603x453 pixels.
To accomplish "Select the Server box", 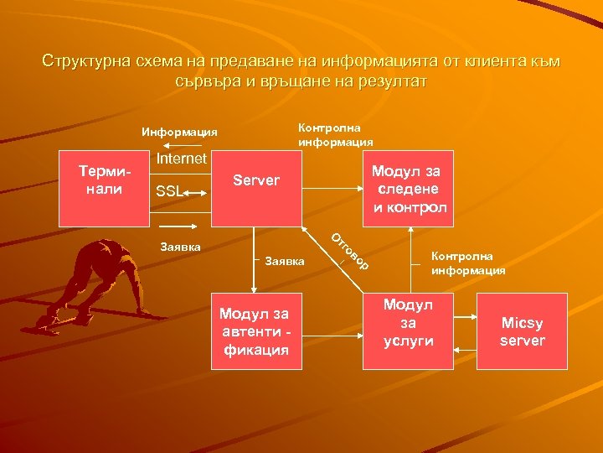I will click(x=256, y=189).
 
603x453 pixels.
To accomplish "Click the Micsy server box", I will click(x=523, y=331).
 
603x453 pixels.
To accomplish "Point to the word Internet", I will click(x=181, y=158).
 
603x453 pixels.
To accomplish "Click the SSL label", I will click(x=169, y=192).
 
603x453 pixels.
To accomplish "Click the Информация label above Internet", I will click(x=179, y=132).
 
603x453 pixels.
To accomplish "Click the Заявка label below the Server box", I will click(x=286, y=262).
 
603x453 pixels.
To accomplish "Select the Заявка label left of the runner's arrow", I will click(x=179, y=247).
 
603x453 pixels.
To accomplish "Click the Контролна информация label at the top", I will click(x=335, y=134).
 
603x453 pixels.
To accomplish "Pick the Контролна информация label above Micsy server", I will click(x=468, y=263).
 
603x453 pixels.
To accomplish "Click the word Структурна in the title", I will click(x=84, y=61).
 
